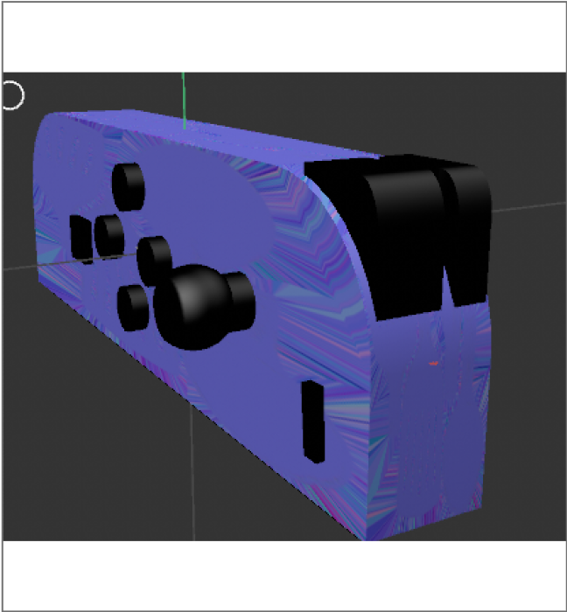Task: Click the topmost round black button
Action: [x=128, y=186]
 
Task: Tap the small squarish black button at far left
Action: [x=80, y=237]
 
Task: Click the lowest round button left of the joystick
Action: [x=134, y=307]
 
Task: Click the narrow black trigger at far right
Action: [x=469, y=229]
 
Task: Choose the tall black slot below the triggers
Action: [x=313, y=421]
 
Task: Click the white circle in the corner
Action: [x=11, y=94]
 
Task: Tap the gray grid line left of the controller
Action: [x=17, y=267]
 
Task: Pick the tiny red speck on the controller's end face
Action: [x=430, y=360]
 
